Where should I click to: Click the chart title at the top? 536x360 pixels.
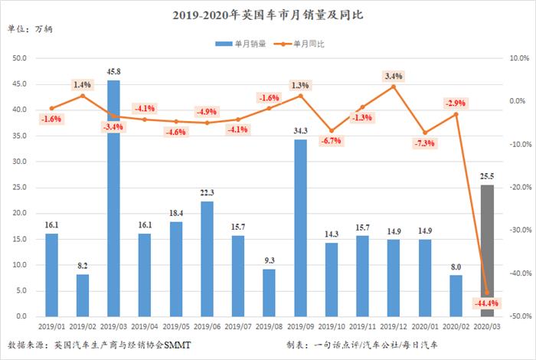[x=268, y=14]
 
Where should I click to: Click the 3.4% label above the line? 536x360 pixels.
[x=394, y=76]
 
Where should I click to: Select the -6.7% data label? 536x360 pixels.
[x=332, y=142]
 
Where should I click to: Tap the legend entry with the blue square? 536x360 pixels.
[x=240, y=44]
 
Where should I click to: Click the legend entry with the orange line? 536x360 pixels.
[x=299, y=44]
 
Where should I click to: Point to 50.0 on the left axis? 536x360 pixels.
[x=20, y=58]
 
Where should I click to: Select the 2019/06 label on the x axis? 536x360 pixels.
[x=208, y=326]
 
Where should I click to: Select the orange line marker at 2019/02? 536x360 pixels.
[x=83, y=95]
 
